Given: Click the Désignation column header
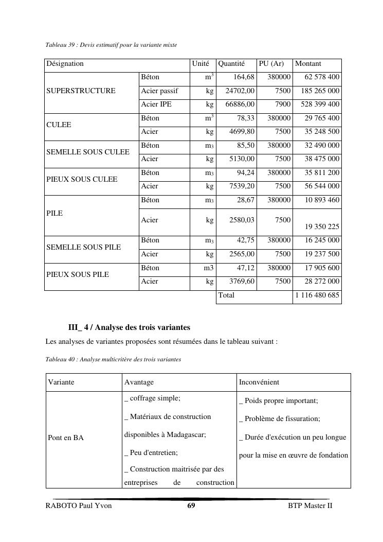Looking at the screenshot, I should click(65, 64).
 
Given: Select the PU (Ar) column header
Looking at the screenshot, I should click(271, 64).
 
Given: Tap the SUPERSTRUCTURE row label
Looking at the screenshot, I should click(81, 91).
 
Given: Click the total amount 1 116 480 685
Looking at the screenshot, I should click(317, 295).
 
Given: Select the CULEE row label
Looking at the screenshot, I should click(59, 125).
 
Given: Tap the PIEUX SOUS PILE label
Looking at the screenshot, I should click(78, 275).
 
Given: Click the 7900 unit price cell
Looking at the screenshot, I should click(283, 104).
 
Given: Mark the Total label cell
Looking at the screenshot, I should click(226, 295).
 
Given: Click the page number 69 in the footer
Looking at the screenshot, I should click(191, 506).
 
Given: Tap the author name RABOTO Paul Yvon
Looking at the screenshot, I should click(79, 506).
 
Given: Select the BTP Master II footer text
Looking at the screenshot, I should click(310, 506).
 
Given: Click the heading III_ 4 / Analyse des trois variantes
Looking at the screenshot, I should click(129, 327).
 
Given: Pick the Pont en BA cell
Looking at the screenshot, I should click(66, 438).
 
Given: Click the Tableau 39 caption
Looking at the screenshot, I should click(111, 45).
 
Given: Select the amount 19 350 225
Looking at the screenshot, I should click(322, 226).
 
